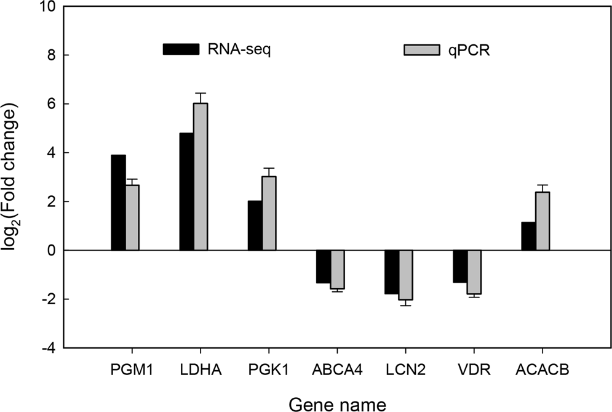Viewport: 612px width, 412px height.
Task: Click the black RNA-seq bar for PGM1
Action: coord(118,203)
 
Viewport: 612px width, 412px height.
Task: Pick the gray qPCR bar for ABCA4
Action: coord(338,269)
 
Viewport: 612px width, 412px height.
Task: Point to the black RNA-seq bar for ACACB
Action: coord(528,236)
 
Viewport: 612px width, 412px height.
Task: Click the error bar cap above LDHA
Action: coord(201,93)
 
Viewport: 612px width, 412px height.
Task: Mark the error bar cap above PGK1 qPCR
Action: coord(269,168)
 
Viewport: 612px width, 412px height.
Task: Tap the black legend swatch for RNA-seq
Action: coord(181,49)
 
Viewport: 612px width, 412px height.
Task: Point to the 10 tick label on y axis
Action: coord(47,7)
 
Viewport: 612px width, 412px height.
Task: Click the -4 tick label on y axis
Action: coord(47,348)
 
